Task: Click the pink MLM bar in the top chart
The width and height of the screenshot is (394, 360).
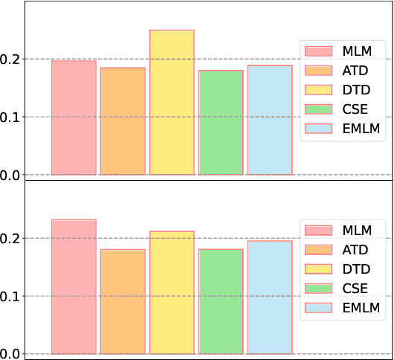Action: coord(74,118)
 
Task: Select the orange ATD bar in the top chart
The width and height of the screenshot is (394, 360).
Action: coord(123,121)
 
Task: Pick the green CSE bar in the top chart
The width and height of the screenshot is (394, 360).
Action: coord(221,123)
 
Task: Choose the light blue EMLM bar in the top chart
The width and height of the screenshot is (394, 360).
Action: coord(270,120)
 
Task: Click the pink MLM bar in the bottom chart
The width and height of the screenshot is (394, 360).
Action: coord(74,287)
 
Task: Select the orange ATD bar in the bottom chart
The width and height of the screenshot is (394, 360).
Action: coord(123,302)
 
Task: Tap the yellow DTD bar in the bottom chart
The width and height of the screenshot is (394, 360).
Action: coord(172,293)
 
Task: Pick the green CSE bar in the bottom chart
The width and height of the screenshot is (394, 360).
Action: coord(221,302)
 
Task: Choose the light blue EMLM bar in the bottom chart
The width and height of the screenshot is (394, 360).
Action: coord(270,298)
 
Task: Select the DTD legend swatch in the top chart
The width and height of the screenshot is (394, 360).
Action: coord(318,89)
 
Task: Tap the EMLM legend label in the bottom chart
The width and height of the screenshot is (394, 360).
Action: coord(361,307)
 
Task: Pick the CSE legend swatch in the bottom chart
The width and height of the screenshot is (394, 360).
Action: coord(318,288)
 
